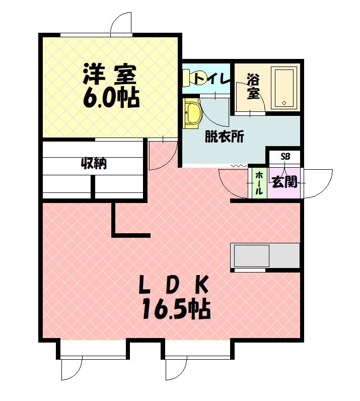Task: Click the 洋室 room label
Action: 109,75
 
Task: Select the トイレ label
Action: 212,79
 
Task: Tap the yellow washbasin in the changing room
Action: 192,112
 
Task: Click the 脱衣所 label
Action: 224,137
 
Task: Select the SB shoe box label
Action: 285,157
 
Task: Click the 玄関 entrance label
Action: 284,181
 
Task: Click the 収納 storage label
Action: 94,164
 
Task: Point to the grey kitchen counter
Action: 265,256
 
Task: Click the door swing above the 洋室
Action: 121,23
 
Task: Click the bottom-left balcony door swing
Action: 71,368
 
